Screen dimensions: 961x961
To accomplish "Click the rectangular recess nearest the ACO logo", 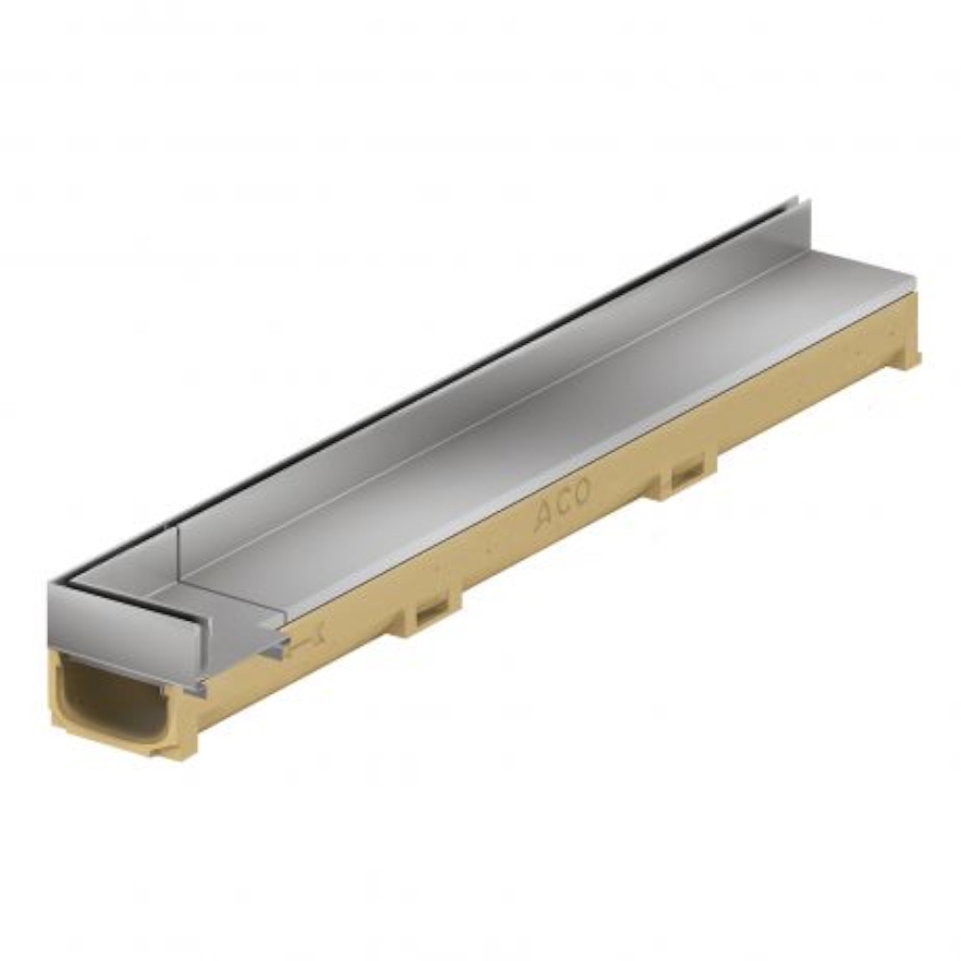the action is point(688,474).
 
